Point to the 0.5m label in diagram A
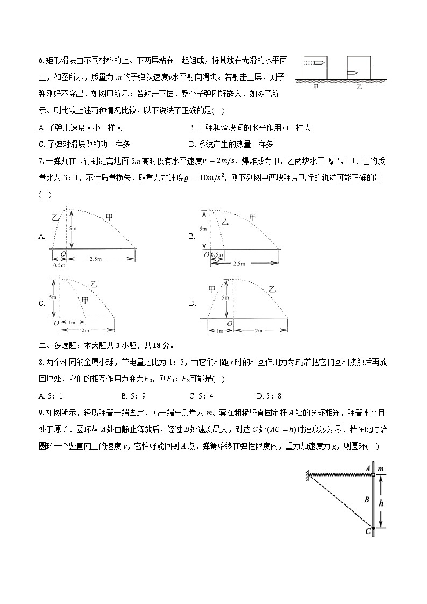[x=59, y=265]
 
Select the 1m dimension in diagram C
[x=72, y=323]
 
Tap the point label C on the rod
[x=368, y=532]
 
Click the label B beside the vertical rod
[x=366, y=500]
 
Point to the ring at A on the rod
[x=373, y=475]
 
